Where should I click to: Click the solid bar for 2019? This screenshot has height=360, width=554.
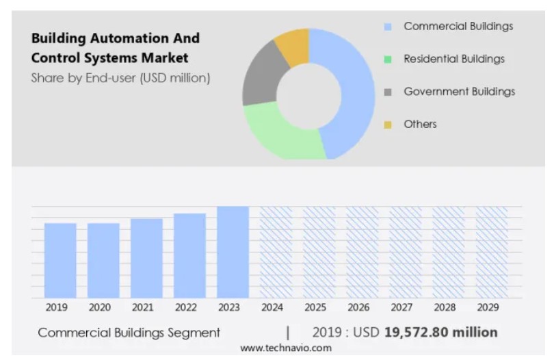(60, 260)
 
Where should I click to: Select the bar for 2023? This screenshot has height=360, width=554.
(233, 252)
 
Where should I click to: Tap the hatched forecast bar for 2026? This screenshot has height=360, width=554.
(362, 252)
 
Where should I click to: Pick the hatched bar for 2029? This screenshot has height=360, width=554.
(491, 252)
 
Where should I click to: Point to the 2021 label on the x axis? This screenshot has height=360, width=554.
(142, 308)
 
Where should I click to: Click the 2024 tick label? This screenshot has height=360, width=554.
(272, 308)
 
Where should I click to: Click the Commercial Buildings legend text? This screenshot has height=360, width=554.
(458, 27)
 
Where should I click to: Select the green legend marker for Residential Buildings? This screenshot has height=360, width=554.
(388, 60)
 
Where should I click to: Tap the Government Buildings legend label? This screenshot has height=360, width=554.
(459, 92)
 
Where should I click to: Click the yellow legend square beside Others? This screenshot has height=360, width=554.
(388, 125)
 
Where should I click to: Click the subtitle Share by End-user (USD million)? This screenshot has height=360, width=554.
(120, 78)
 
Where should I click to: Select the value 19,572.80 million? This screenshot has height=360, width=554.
(440, 333)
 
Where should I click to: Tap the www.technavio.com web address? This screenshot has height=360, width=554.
(285, 348)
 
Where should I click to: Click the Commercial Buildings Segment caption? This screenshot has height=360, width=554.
(129, 333)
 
